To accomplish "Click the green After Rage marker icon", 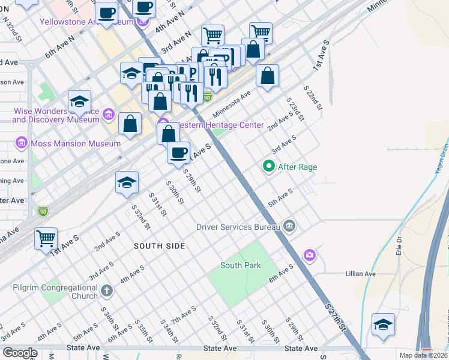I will click(269, 166).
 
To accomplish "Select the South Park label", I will click(240, 265).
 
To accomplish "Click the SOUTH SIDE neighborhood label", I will click(159, 246).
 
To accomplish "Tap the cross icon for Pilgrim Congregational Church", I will click(106, 291).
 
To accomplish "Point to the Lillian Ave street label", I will click(360, 274).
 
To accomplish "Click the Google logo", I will click(20, 353).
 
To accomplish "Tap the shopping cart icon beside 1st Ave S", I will click(46, 239).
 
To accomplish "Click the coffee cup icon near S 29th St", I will click(178, 152).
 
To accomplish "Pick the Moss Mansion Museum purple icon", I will click(22, 143).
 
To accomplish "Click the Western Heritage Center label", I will click(217, 125).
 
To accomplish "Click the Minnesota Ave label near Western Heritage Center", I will click(231, 106).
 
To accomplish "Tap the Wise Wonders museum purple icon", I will click(108, 113).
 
